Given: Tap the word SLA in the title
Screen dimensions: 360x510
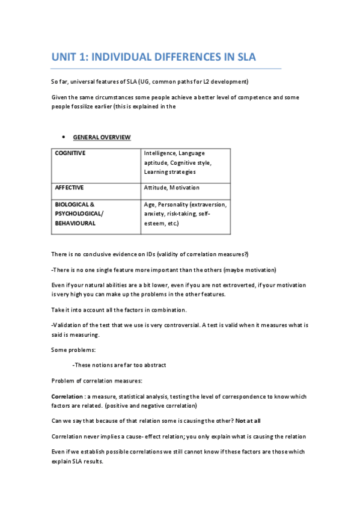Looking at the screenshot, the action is pos(245,58).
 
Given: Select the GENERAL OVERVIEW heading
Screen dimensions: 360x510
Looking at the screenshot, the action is pos(102,138).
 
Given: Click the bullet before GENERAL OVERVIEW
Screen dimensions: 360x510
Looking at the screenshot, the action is pos(64,138).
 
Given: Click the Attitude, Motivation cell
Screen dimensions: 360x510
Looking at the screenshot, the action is pos(171,188).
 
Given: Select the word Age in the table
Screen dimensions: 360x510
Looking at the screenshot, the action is pos(149,204).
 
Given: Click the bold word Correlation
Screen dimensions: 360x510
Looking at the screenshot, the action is pos(67,396).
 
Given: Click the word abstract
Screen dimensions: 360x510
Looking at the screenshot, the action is pos(153,364).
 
